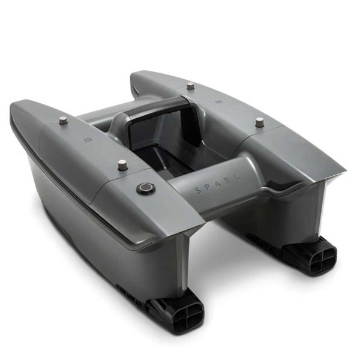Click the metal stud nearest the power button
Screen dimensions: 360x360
click(x=123, y=164)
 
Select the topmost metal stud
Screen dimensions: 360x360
click(x=190, y=86)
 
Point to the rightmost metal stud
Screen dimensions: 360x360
click(x=259, y=122)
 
